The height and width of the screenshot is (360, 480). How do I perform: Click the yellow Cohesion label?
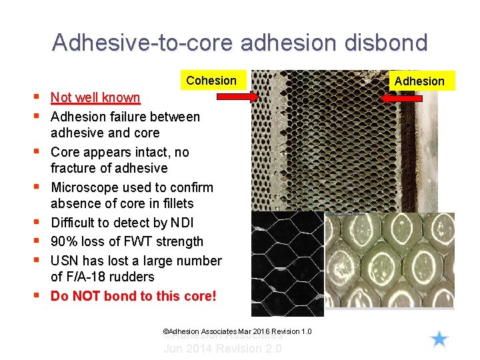point(211,81)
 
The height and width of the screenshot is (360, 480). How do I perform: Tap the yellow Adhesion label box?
point(419,81)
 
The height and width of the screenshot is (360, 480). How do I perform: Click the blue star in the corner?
point(439,339)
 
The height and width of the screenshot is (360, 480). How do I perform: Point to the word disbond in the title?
point(388,43)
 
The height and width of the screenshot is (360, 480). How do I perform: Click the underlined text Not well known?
point(95,98)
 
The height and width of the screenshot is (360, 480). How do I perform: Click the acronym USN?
point(65,261)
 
